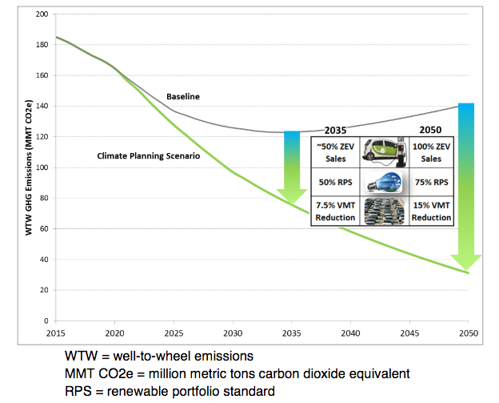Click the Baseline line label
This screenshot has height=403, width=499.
point(182,96)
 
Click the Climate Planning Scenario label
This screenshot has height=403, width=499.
point(148,155)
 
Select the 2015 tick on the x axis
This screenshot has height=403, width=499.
point(55,332)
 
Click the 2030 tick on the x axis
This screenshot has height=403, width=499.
point(232,332)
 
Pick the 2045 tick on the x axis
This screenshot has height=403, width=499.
point(409,332)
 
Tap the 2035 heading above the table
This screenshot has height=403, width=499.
point(335,129)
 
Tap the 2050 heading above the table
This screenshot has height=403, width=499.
point(432,129)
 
